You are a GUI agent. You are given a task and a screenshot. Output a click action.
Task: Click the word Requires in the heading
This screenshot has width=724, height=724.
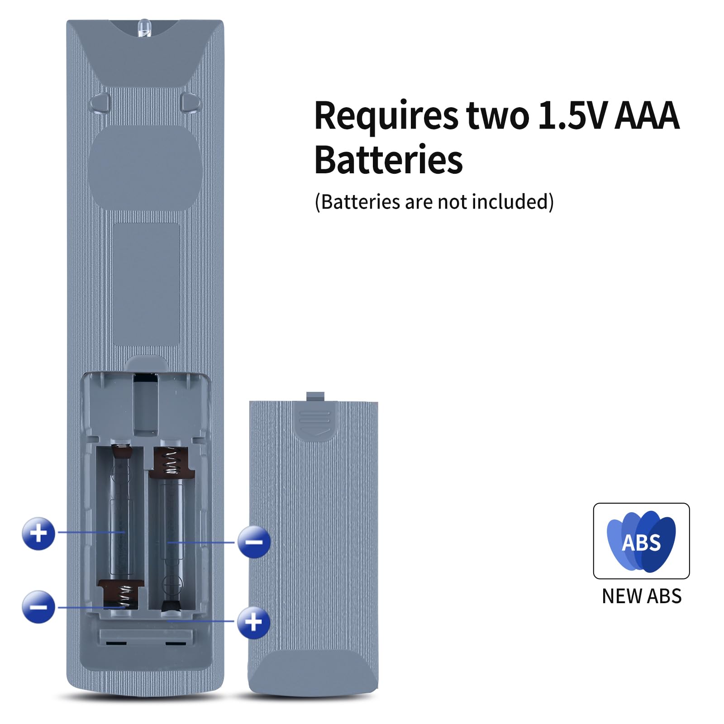(386, 117)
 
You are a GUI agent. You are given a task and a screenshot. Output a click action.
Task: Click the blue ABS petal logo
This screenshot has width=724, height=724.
(641, 541)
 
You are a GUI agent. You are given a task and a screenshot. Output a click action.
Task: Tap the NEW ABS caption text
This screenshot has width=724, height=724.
(642, 596)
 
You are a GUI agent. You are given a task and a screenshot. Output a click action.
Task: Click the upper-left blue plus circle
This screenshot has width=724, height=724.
(38, 533)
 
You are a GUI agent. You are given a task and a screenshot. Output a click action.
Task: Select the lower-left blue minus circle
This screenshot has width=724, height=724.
(38, 607)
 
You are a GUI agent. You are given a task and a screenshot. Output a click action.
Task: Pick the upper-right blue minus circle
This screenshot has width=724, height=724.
(254, 542)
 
